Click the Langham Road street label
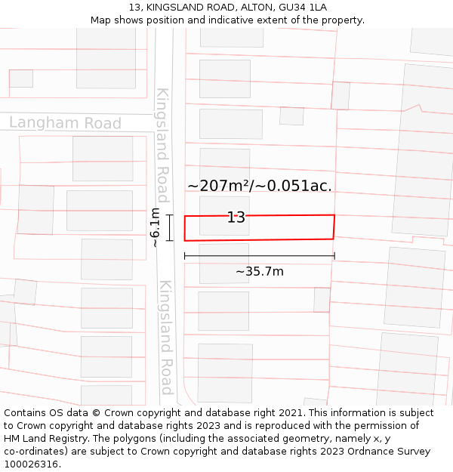tap(65, 123)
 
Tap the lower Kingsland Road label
tap(165, 337)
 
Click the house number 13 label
tap(236, 217)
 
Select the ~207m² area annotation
tap(259, 186)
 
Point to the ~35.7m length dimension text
tap(259, 272)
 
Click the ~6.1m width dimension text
tap(155, 227)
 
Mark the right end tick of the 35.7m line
tap(334, 256)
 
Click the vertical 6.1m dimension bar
tap(170, 227)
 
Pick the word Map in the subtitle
tap(101, 20)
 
